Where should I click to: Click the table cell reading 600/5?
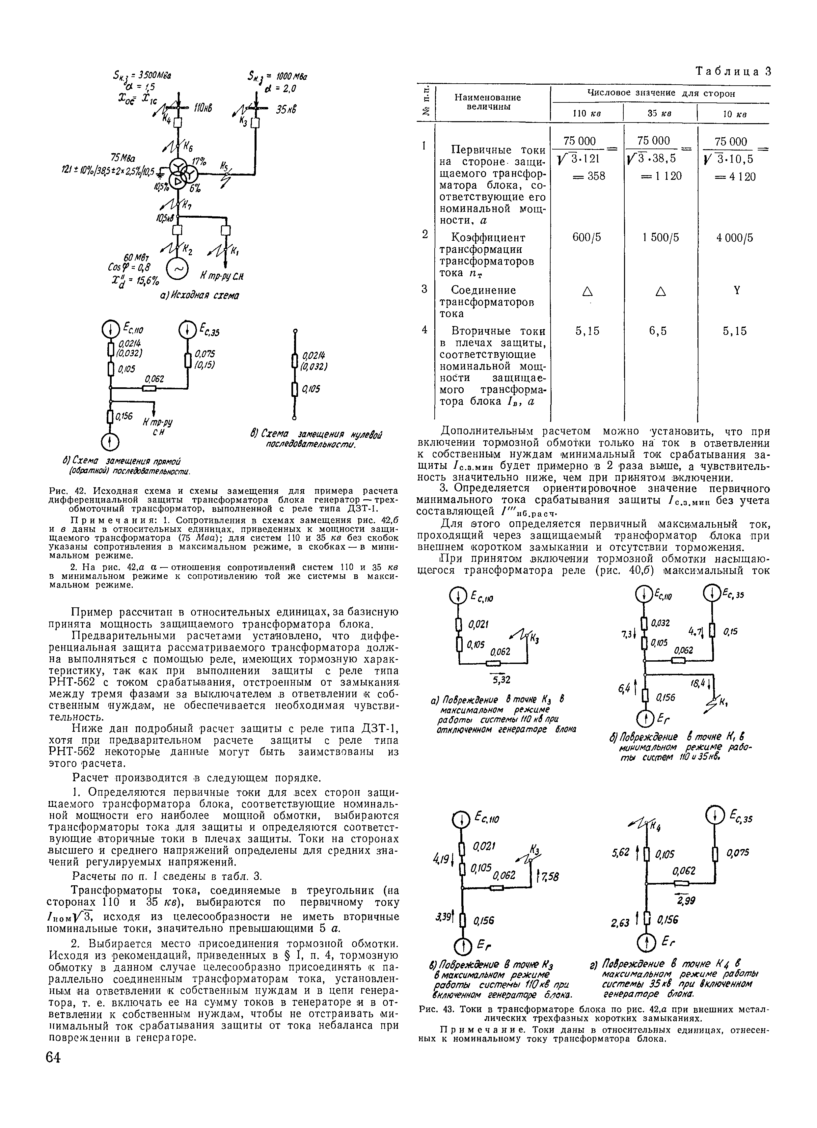[587, 238]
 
